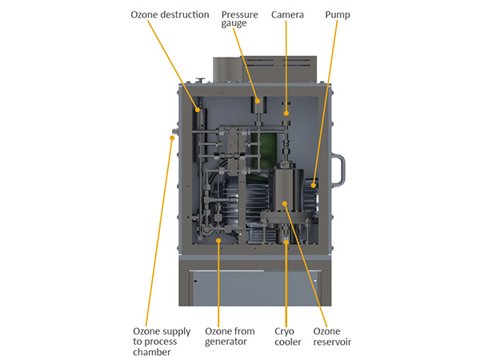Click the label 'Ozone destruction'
coord(170,14)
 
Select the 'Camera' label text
coord(287,14)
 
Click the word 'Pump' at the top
coord(338,14)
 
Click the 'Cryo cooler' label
coord(288,336)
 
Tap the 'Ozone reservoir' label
coord(332,336)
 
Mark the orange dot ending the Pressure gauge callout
coord(258,102)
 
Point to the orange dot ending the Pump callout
coord(314,186)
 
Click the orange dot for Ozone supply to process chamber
coord(172,137)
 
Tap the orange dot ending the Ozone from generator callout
coord(218,238)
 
